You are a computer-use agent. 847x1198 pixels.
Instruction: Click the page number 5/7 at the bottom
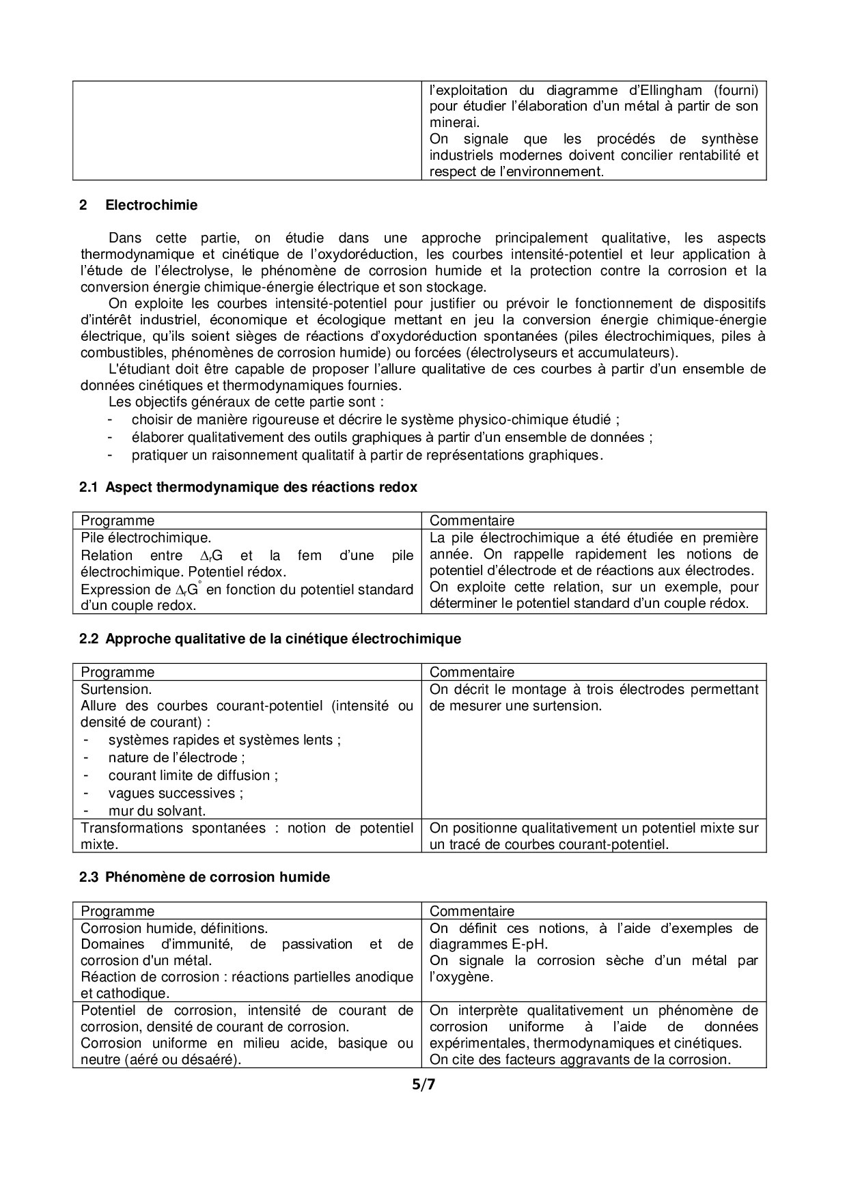(423, 1084)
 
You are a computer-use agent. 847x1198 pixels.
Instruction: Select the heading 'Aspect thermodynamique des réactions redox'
(261, 487)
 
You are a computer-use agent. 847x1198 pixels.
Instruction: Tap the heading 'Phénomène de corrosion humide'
(217, 877)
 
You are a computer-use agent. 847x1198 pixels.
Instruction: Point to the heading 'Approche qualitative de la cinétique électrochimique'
(283, 639)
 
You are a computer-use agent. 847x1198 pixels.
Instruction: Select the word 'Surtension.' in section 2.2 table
(116, 689)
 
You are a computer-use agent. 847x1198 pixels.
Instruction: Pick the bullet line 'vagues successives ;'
(176, 793)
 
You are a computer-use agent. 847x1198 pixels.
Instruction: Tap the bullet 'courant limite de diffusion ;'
(193, 775)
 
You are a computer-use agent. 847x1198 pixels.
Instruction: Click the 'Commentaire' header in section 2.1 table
(472, 521)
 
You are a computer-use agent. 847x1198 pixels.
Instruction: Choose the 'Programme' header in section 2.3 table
(117, 911)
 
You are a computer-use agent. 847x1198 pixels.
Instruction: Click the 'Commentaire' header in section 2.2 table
(472, 673)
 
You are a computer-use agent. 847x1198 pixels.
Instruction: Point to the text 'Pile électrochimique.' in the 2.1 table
(146, 538)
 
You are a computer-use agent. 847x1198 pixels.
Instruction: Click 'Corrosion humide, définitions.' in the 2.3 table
(174, 928)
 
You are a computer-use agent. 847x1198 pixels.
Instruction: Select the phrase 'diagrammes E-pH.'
(488, 945)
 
